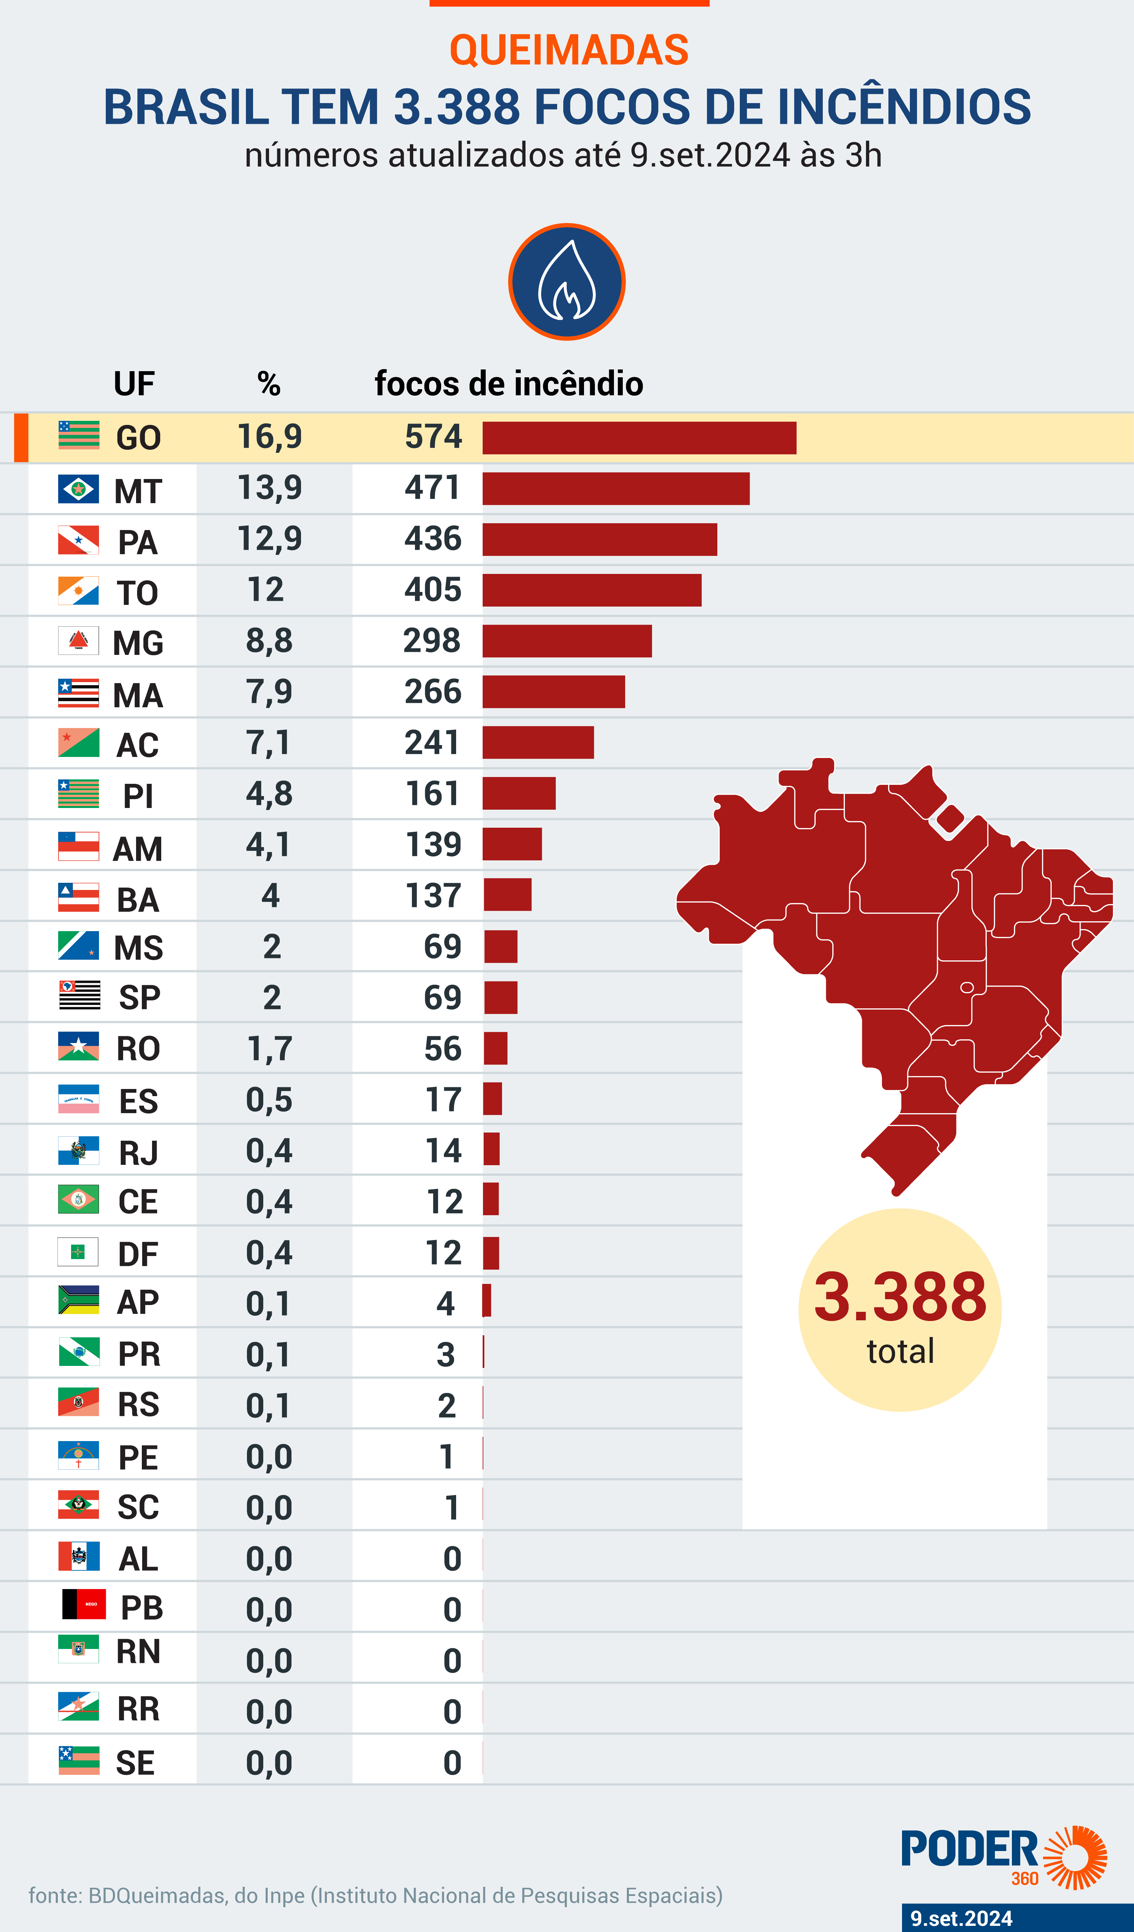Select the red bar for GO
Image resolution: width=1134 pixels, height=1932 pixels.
(x=639, y=438)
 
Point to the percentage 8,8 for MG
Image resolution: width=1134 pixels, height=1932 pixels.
(x=269, y=641)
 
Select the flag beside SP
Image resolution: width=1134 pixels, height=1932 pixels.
(x=79, y=996)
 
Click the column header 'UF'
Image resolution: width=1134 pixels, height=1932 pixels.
(x=134, y=383)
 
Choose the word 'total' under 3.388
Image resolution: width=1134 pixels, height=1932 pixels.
(x=900, y=1351)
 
